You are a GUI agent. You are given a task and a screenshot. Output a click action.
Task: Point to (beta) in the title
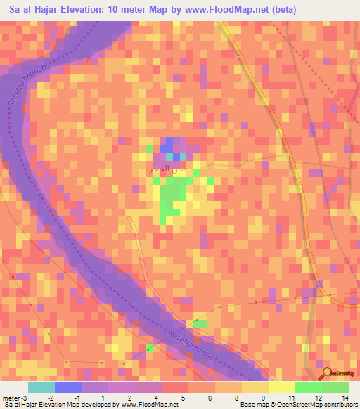(x=278, y=10)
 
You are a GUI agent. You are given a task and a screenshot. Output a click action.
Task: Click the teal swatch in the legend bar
(x=41, y=387)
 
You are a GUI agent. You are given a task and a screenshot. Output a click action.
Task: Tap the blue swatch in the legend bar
(x=68, y=387)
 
